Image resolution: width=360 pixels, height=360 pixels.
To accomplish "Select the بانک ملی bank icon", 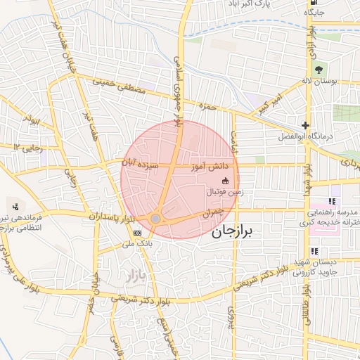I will coord(136,233).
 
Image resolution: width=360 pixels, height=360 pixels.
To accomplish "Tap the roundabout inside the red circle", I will coord(155,219).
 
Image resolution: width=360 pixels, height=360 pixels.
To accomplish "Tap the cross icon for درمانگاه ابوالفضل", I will coord(305,124).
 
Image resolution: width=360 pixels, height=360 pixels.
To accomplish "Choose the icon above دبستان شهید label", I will coord(314,251).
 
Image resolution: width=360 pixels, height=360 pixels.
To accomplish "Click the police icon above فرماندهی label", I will coord(15,207).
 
